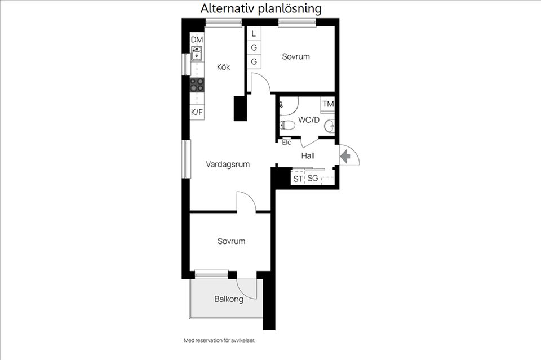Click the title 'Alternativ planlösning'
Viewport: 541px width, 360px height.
261,8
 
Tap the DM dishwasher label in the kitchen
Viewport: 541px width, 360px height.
197,39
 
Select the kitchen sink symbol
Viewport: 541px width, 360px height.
197,54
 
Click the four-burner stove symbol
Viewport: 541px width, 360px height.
197,85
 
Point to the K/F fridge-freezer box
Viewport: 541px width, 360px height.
197,112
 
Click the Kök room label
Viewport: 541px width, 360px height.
223,67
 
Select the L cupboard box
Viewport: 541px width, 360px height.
254,34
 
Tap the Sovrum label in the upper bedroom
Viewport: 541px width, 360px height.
296,57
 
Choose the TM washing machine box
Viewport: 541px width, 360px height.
328,104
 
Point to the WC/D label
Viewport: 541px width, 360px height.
309,119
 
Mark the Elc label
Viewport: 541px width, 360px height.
286,142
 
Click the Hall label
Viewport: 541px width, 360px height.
308,156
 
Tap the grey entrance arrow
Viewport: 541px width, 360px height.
344,156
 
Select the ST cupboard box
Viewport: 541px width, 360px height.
298,179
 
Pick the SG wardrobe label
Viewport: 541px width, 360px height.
312,179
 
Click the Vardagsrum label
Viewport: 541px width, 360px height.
228,165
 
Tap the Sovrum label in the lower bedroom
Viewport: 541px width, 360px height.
232,241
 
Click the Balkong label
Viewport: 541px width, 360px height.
229,299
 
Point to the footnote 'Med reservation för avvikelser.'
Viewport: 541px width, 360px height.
223,340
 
